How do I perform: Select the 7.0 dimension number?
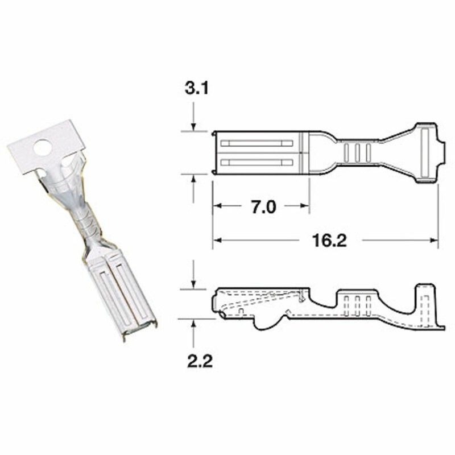pyautogui.click(x=263, y=207)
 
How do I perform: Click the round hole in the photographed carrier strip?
pyautogui.click(x=42, y=148)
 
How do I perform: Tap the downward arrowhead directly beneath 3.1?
pyautogui.click(x=194, y=127)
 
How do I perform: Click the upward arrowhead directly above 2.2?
pyautogui.click(x=194, y=323)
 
